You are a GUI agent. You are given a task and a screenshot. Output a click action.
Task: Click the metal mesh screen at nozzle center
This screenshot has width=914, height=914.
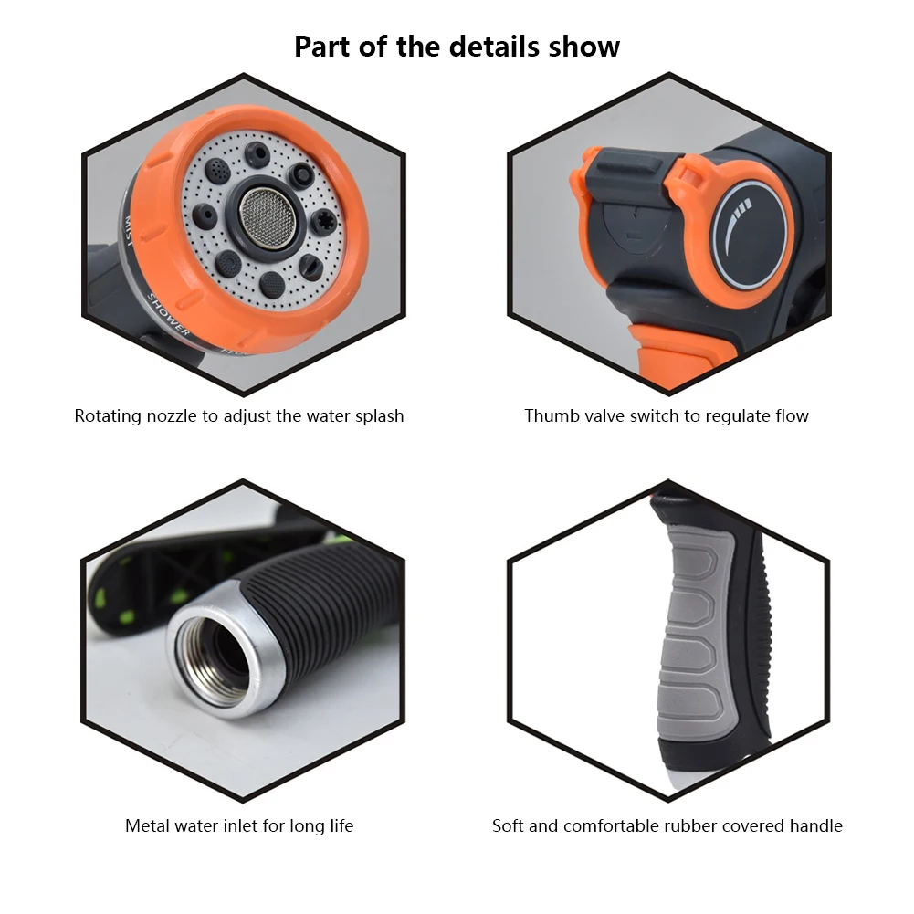260,215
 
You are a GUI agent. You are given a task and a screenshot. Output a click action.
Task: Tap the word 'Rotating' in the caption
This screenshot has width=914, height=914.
107,416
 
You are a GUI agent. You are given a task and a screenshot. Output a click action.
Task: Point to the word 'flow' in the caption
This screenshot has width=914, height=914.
790,416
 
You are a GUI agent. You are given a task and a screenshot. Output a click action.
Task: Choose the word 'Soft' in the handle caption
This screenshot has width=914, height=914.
509,826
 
